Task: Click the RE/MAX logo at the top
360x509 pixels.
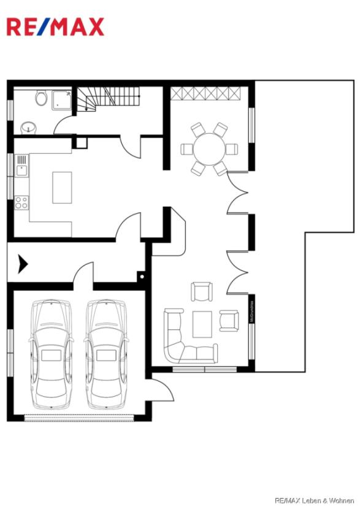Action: click(x=55, y=26)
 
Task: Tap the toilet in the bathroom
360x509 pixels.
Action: click(x=42, y=98)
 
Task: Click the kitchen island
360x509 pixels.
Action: click(x=62, y=187)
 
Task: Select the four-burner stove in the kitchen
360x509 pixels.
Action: click(x=21, y=202)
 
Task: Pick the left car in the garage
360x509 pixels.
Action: click(x=52, y=354)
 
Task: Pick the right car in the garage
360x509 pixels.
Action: click(x=106, y=354)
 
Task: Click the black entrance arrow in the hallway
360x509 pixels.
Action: click(x=23, y=264)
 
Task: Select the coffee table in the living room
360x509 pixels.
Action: click(x=202, y=324)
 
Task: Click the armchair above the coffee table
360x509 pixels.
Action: click(x=201, y=291)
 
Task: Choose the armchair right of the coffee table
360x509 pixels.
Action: click(x=229, y=320)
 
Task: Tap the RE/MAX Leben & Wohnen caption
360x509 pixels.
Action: click(x=314, y=500)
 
